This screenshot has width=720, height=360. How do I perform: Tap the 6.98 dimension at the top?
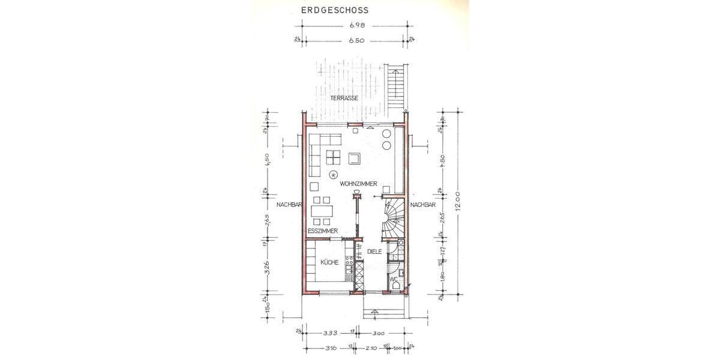(x=357, y=26)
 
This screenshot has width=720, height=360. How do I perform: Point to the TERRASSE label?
(x=344, y=97)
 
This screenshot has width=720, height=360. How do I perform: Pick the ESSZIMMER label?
(x=323, y=231)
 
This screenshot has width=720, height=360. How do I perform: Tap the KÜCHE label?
(x=329, y=262)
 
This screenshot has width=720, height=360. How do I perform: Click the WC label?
(x=394, y=280)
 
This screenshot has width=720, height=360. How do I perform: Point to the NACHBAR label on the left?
(x=289, y=205)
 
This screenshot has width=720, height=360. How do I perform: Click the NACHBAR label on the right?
(x=422, y=205)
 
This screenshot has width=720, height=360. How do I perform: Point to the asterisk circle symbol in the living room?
(x=333, y=175)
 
